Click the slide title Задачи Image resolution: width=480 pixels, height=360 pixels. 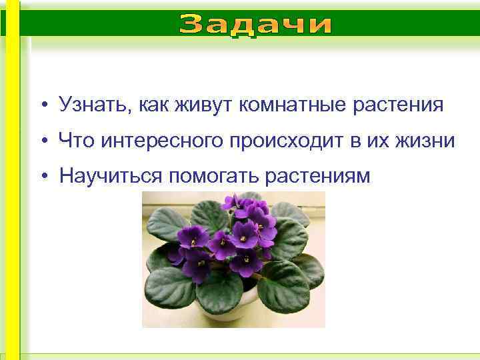pyautogui.click(x=256, y=26)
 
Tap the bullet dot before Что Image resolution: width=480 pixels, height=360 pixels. pyautogui.click(x=43, y=142)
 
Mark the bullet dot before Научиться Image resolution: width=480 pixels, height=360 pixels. pyautogui.click(x=43, y=177)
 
